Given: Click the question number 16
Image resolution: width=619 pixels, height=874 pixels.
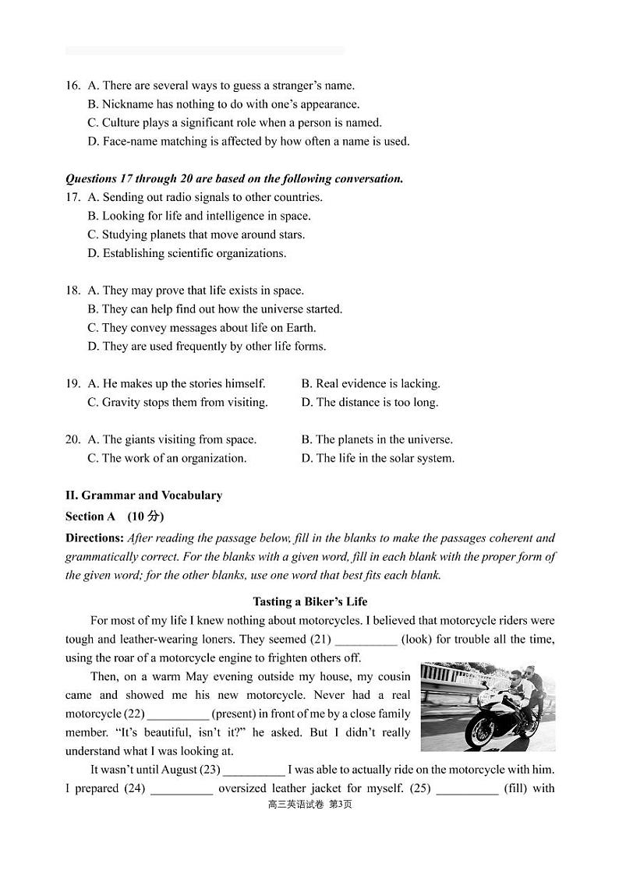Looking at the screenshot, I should pyautogui.click(x=73, y=86).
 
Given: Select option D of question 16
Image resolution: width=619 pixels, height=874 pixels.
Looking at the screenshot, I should pyautogui.click(x=248, y=142).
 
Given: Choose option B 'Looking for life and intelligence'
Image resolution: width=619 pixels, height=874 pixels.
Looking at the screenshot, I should pyautogui.click(x=199, y=216).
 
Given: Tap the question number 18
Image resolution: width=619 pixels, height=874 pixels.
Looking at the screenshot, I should pyautogui.click(x=73, y=291).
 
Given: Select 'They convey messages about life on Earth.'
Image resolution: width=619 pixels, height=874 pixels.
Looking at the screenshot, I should pyautogui.click(x=202, y=328).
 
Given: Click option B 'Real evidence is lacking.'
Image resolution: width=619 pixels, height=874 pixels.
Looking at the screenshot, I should pyautogui.click(x=370, y=383).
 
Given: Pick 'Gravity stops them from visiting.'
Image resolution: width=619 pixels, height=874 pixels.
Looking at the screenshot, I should pyautogui.click(x=178, y=402).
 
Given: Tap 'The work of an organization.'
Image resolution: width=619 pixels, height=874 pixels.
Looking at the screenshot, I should pyautogui.click(x=167, y=458).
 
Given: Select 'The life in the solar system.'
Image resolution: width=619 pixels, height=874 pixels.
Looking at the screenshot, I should pyautogui.click(x=377, y=458).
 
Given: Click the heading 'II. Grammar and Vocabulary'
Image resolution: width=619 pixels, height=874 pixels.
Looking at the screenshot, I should pyautogui.click(x=143, y=495).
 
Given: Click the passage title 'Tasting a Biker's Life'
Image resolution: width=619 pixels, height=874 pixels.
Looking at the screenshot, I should pyautogui.click(x=309, y=601).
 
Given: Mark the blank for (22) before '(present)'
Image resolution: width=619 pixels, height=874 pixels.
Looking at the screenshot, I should pyautogui.click(x=178, y=714).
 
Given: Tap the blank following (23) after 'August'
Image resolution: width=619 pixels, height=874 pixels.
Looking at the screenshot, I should pyautogui.click(x=253, y=770).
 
